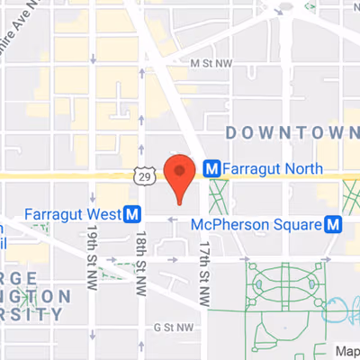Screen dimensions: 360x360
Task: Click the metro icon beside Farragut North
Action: pyautogui.click(x=212, y=166)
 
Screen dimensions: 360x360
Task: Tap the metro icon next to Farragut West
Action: pyautogui.click(x=133, y=214)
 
